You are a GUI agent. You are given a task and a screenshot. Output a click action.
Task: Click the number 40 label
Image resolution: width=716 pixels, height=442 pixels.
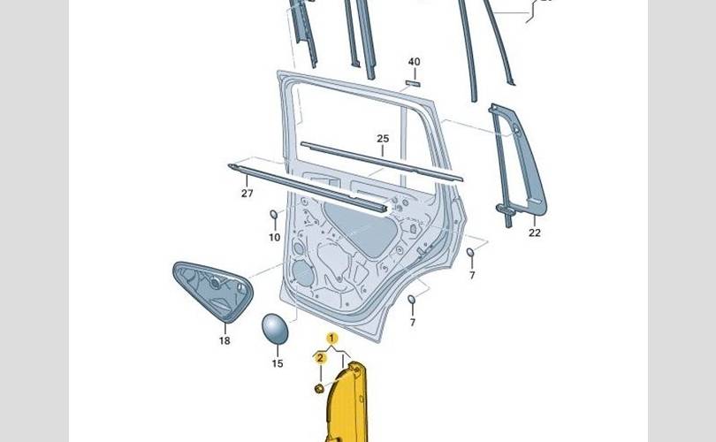pyautogui.click(x=414, y=62)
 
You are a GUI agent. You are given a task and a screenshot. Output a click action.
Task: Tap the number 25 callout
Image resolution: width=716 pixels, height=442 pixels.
pyautogui.click(x=383, y=139)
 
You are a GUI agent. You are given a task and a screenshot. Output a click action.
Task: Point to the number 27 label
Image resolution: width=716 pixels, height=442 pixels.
pyautogui.click(x=247, y=194)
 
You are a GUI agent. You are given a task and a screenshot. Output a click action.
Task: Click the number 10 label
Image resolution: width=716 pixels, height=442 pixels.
pyautogui.click(x=274, y=238)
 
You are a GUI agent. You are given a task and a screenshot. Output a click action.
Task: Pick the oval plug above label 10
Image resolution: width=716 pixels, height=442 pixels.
pyautogui.click(x=274, y=216)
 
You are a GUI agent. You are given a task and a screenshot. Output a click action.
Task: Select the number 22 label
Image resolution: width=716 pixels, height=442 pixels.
pyautogui.click(x=534, y=233)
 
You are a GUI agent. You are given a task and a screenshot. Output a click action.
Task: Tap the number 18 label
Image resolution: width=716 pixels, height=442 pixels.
pyautogui.click(x=225, y=340)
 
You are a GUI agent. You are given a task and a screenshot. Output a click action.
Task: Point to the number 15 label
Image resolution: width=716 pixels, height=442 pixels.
pyautogui.click(x=278, y=363)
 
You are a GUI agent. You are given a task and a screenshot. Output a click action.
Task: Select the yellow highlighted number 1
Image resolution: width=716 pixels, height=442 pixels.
pyautogui.click(x=332, y=339)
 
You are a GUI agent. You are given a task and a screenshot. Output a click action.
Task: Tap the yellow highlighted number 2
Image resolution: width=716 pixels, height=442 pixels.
pyautogui.click(x=321, y=357)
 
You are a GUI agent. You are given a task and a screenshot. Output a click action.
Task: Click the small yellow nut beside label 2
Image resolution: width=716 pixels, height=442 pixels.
pyautogui.click(x=319, y=388)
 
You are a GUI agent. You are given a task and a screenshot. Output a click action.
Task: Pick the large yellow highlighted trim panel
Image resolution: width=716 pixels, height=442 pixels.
pyautogui.click(x=354, y=402)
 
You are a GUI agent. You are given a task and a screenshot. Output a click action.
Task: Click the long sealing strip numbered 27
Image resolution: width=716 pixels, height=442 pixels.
pyautogui.click(x=309, y=187)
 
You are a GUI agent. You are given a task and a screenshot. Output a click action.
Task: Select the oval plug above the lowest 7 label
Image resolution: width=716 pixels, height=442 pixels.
pyautogui.click(x=412, y=303)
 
